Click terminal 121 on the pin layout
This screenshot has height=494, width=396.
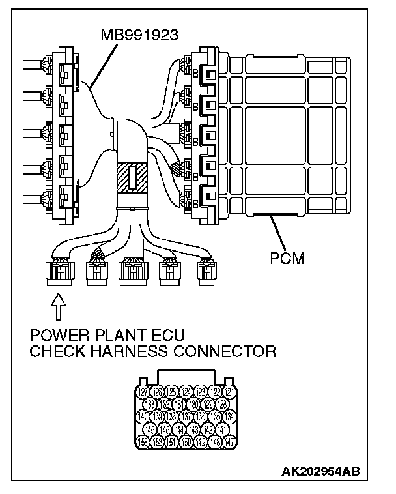230,392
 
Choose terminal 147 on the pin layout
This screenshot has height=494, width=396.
230,442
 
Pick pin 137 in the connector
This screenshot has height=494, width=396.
186,417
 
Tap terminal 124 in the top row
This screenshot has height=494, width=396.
186,392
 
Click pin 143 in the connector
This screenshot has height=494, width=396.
193,429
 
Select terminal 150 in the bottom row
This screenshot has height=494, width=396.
186,442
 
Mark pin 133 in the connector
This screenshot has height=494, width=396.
150,405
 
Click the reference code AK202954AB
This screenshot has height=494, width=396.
320,470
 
